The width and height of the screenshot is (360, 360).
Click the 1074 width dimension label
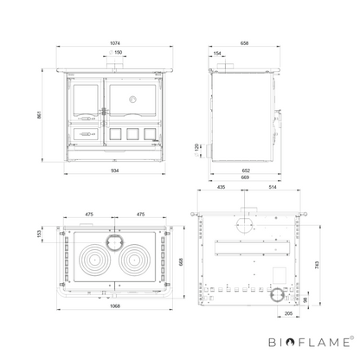[x=115, y=43]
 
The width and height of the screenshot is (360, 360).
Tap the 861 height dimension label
[x=39, y=114]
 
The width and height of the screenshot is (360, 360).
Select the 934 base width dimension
[x=115, y=170]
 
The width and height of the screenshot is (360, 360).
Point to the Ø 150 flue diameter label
[x=116, y=52]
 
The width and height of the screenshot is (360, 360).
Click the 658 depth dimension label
[x=244, y=43]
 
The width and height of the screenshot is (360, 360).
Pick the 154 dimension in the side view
[x=217, y=54]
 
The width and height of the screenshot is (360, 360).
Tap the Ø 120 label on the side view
[x=197, y=150]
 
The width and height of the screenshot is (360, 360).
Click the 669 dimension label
[x=245, y=177]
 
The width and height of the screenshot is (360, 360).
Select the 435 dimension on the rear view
[x=221, y=187]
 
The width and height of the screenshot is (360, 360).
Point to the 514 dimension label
[x=273, y=187]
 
